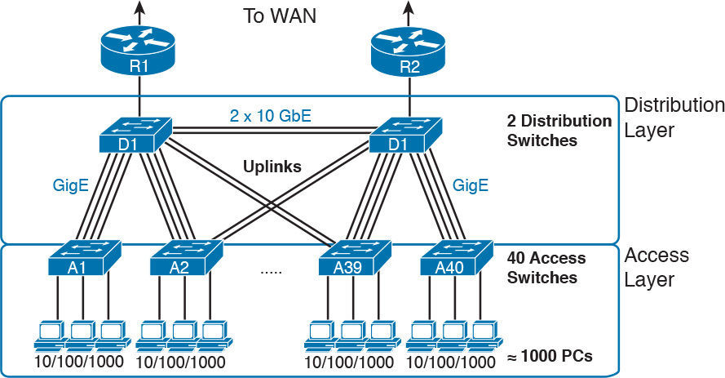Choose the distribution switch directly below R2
[x=405, y=134]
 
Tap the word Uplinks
[x=272, y=167]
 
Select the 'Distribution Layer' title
[x=673, y=117]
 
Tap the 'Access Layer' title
[x=656, y=267]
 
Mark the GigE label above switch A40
[x=471, y=185]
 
